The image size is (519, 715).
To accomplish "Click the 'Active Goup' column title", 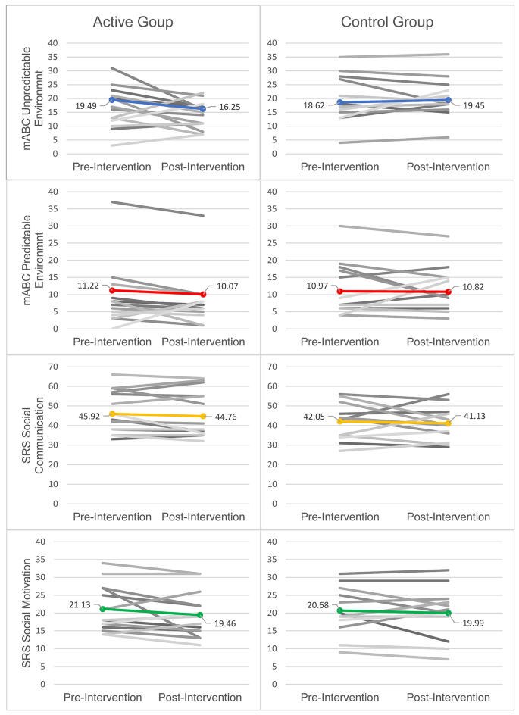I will pos(133,22).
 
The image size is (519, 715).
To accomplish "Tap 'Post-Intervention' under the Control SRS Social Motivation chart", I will pos(448,697).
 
